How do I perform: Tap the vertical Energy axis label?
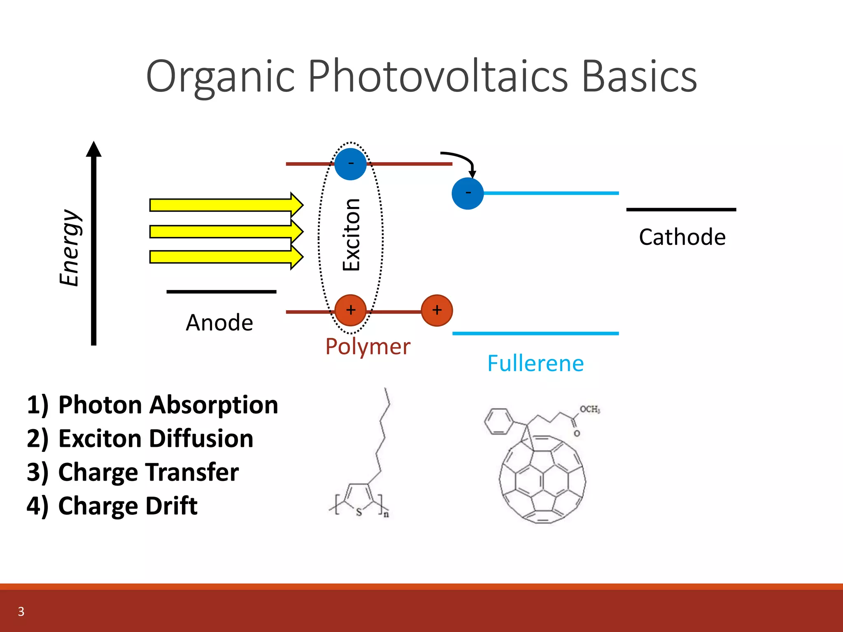(x=69, y=247)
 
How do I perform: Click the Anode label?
(x=219, y=323)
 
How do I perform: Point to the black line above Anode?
(x=221, y=292)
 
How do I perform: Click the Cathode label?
(x=682, y=237)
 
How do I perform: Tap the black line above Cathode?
(x=681, y=210)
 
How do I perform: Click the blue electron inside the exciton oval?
(x=350, y=164)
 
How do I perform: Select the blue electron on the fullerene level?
(x=468, y=193)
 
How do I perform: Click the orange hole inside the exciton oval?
(x=350, y=310)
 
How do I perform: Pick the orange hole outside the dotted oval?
(x=437, y=310)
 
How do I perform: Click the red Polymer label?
(x=368, y=346)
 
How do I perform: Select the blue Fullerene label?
(x=536, y=364)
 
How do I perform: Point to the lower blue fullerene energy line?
(x=535, y=333)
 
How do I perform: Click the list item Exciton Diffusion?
(x=156, y=439)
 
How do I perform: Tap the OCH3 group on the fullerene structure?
(x=589, y=409)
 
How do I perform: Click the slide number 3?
(x=21, y=611)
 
